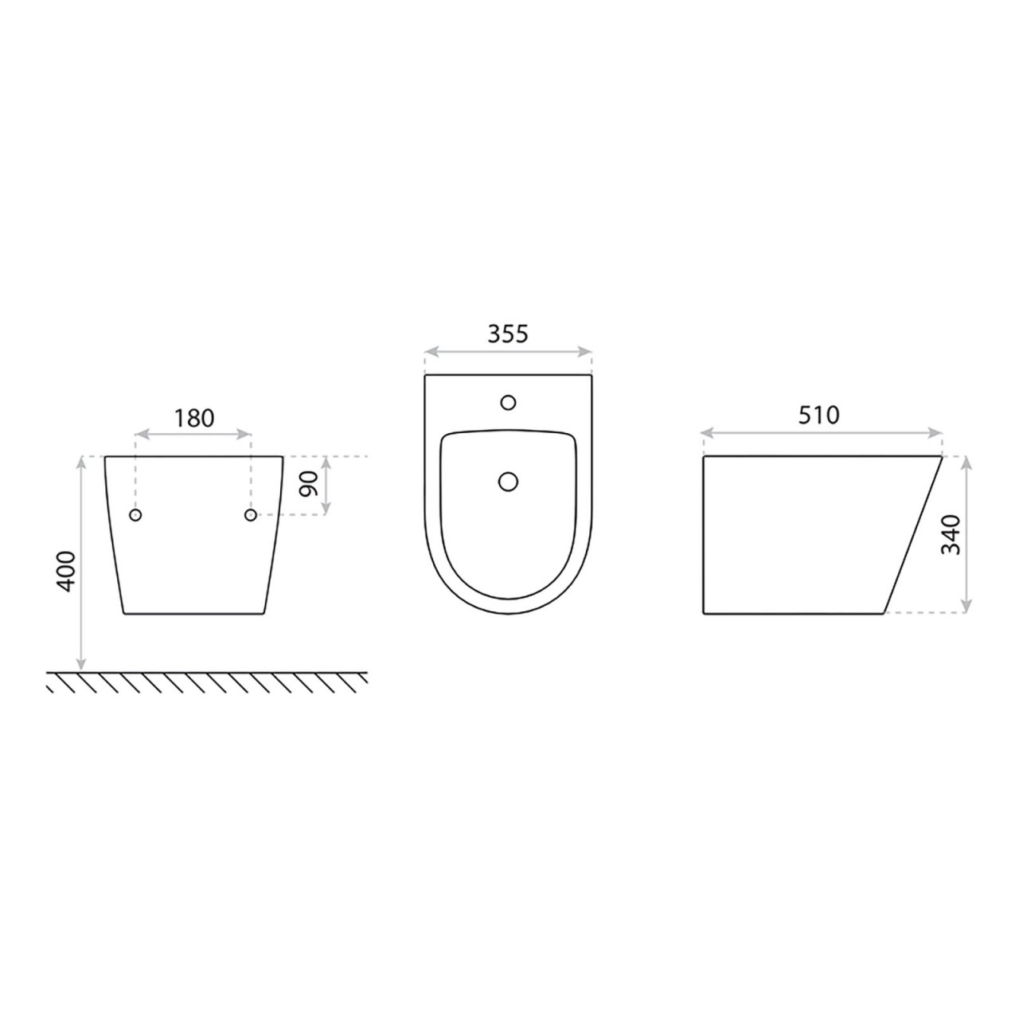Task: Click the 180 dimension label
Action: pos(194,418)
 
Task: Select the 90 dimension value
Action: pos(308,483)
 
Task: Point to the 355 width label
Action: pos(508,334)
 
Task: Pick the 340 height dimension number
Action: pos(951,534)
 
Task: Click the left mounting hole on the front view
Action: pos(136,515)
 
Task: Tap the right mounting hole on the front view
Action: pos(251,515)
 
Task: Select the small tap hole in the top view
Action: pos(508,402)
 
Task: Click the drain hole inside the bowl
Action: pos(508,482)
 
